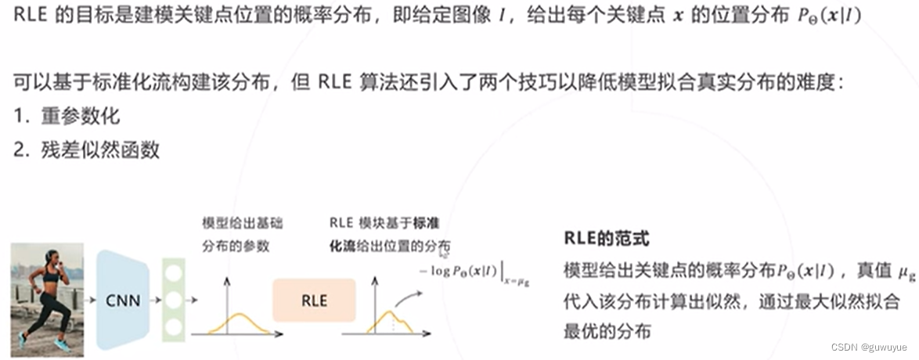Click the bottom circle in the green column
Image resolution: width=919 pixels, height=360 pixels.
[x=174, y=325]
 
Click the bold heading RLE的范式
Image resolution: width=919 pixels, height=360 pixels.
[x=606, y=239]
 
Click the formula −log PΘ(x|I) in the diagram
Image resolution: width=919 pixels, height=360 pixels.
[x=470, y=270]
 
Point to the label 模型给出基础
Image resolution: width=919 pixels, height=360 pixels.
[x=242, y=224]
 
